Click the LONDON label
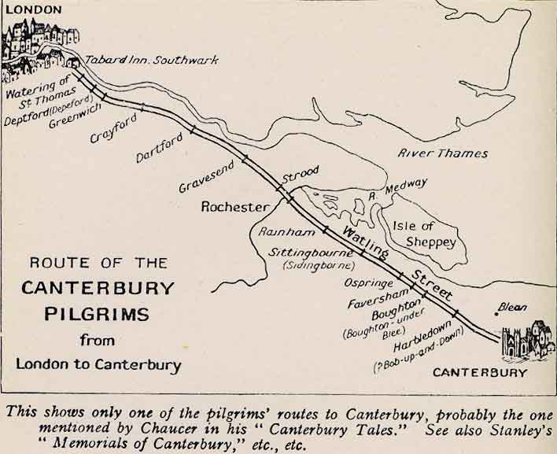click(32, 9)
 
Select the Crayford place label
click(113, 127)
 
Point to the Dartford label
click(158, 147)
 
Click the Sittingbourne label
click(310, 253)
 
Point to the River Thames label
click(442, 153)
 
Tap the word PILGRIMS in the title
click(97, 314)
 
